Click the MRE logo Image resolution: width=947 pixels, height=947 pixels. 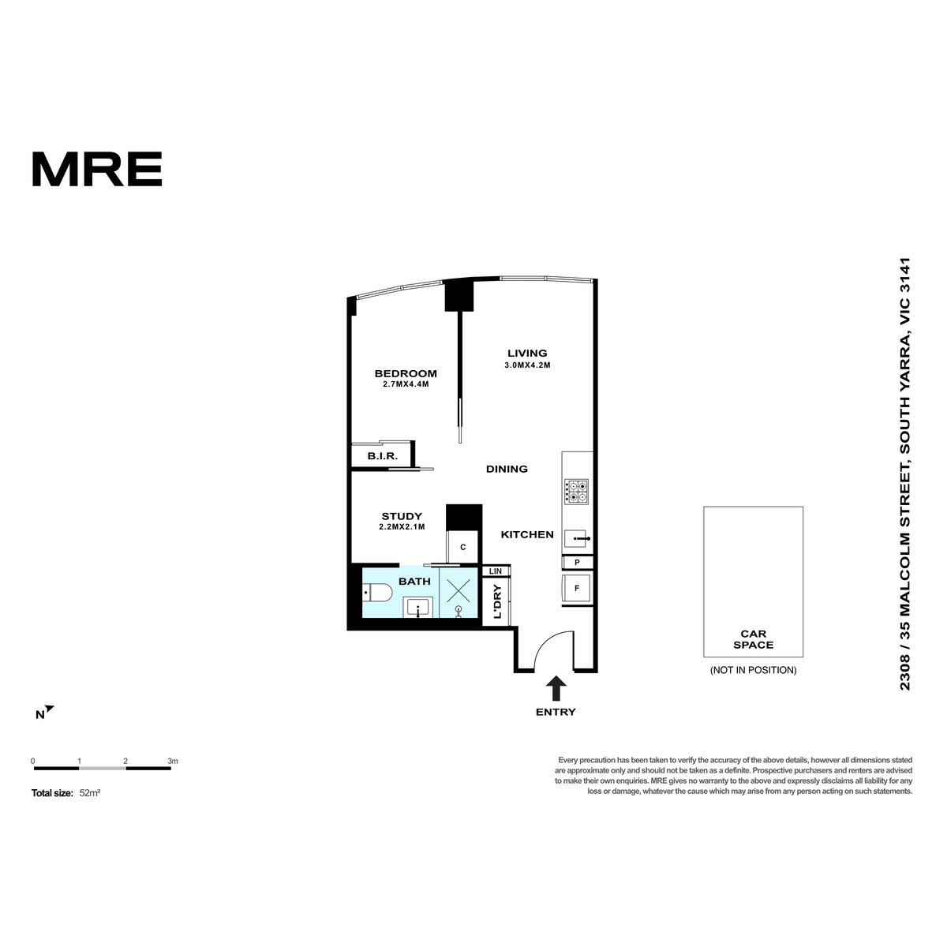point(97,169)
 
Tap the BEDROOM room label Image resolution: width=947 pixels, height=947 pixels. point(406,373)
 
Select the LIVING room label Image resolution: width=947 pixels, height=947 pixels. point(527,353)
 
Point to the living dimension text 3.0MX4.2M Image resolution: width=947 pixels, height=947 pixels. point(527,365)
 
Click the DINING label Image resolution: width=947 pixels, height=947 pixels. point(507,469)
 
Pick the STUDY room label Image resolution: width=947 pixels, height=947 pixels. point(402,516)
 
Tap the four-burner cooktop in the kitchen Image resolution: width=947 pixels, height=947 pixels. point(576,491)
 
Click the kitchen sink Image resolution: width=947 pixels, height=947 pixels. point(577,539)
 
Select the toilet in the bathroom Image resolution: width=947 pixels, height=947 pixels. point(376,593)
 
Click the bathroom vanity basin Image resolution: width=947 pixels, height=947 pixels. point(417,607)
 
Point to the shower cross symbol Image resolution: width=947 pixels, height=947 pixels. point(458,590)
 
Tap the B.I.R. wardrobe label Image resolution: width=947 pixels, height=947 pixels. point(382,456)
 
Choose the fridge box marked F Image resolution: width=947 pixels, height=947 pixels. point(578,588)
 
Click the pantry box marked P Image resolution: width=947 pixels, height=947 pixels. point(578,562)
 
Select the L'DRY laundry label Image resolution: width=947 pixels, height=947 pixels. point(497,601)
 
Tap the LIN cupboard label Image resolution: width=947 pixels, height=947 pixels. point(496,571)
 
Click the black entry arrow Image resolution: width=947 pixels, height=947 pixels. point(556,687)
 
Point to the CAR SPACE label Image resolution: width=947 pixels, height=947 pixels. point(753,639)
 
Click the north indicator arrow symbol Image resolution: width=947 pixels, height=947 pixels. point(50,709)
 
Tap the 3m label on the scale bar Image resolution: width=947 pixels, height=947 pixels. point(173,761)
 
